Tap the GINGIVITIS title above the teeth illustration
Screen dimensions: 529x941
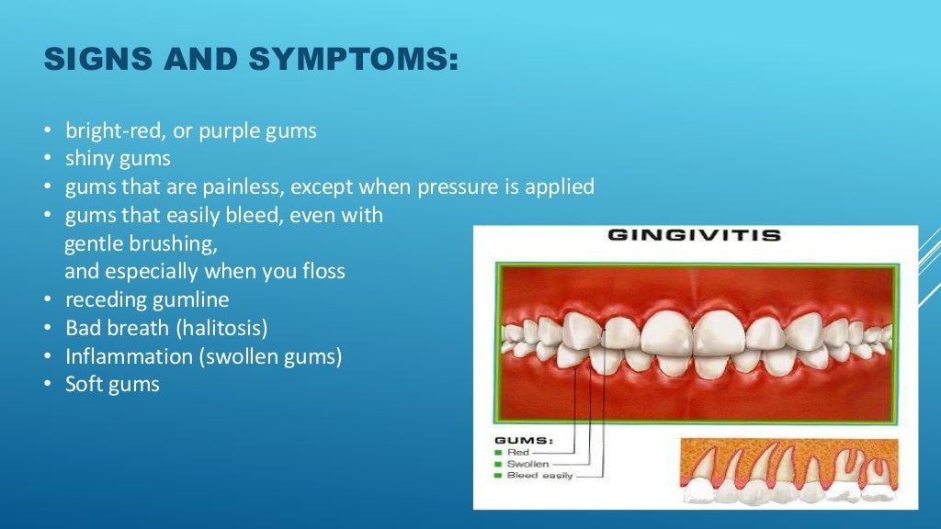coord(694,235)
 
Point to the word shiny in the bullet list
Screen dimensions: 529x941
coord(89,159)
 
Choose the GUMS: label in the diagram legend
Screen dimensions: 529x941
coord(523,441)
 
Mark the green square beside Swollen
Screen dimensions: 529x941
coord(497,464)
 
